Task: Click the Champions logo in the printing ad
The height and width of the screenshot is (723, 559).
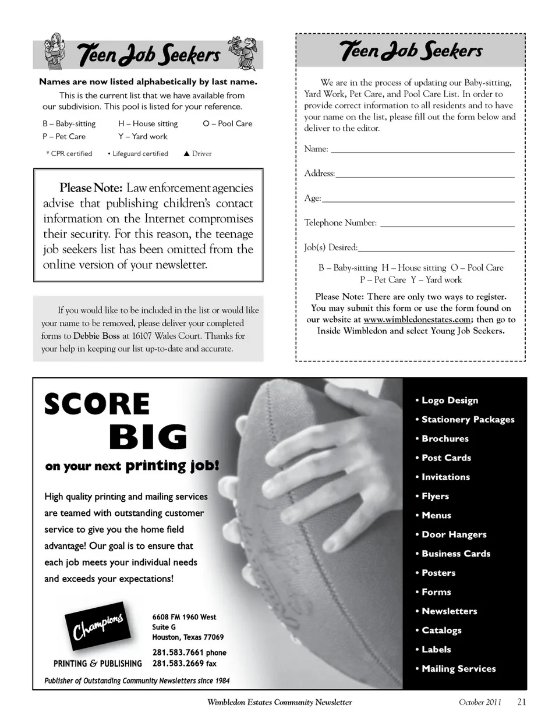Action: (x=97, y=630)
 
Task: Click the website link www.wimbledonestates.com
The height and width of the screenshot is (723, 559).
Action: (x=417, y=320)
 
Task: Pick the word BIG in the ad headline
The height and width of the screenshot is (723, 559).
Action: (x=148, y=437)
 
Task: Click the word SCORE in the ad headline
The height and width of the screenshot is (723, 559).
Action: (x=97, y=404)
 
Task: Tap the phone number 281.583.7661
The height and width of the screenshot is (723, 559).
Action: (x=178, y=653)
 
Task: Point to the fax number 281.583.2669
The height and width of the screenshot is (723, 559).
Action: (x=178, y=664)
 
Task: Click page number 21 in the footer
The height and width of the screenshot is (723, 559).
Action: (x=521, y=702)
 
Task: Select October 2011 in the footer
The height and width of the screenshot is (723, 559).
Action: (x=480, y=702)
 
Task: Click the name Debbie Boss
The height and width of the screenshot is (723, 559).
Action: (x=96, y=336)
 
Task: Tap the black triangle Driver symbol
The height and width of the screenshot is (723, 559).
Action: (x=187, y=154)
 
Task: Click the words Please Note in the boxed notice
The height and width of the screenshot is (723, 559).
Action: (x=90, y=188)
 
